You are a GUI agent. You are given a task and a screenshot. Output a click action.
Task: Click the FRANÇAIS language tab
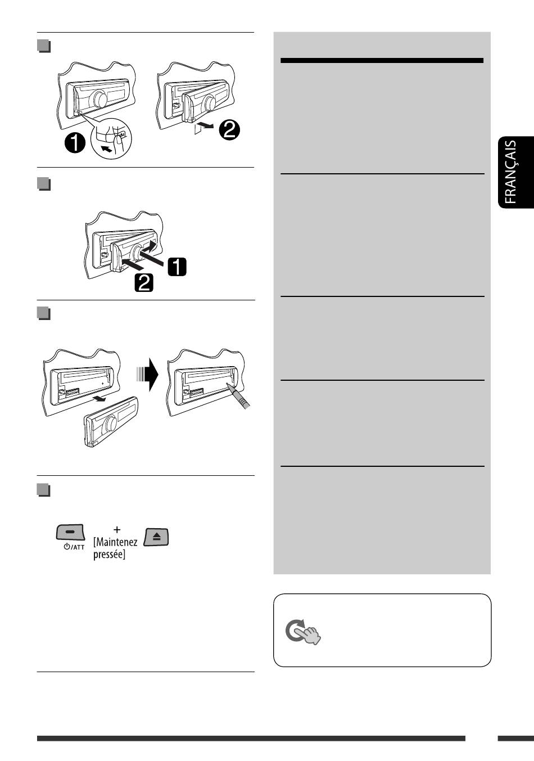pyautogui.click(x=516, y=172)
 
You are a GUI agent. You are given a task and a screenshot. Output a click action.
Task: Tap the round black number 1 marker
pyautogui.click(x=75, y=143)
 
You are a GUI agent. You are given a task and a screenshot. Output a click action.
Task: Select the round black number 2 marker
pyautogui.click(x=229, y=130)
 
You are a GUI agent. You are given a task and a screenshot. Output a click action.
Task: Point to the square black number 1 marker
pyautogui.click(x=177, y=267)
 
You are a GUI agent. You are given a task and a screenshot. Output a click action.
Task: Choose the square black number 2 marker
pyautogui.click(x=144, y=283)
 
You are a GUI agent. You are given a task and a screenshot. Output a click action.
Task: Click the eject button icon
pyautogui.click(x=156, y=537)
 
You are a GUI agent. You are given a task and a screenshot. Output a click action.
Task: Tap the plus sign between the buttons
pyautogui.click(x=117, y=529)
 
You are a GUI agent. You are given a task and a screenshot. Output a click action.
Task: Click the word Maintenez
pyautogui.click(x=115, y=542)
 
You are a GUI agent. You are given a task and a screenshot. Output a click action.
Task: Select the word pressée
pyautogui.click(x=108, y=555)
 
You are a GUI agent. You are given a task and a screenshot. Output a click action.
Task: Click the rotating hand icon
pyautogui.click(x=303, y=632)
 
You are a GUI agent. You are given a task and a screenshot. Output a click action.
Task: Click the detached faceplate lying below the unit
pyautogui.click(x=111, y=422)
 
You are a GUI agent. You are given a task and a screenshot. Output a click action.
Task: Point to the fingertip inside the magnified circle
pyautogui.click(x=118, y=140)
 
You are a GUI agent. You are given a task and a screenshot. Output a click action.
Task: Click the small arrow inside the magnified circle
pyautogui.click(x=107, y=149)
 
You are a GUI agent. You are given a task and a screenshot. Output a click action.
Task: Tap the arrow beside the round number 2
pyautogui.click(x=206, y=127)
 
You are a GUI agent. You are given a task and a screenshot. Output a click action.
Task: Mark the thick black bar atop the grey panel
pyautogui.click(x=382, y=61)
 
